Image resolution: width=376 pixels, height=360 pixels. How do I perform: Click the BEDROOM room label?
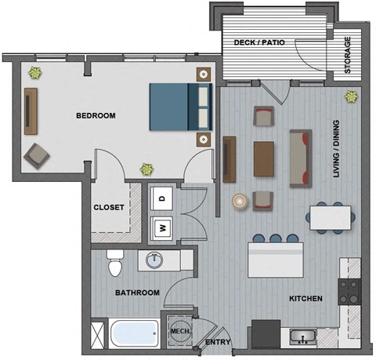96,115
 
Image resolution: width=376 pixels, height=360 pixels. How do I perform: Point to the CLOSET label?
109,208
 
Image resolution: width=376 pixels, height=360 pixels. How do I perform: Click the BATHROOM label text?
138,293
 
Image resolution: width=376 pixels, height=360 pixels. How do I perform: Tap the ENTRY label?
217,343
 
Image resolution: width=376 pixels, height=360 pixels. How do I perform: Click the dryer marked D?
162,198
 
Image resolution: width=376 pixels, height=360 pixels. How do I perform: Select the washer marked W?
162,227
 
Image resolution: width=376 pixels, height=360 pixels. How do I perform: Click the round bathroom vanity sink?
152,260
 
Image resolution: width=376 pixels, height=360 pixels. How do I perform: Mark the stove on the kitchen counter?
349,292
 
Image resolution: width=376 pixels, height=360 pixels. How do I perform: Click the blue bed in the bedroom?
181,106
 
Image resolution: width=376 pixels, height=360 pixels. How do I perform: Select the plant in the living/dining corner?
351,98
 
